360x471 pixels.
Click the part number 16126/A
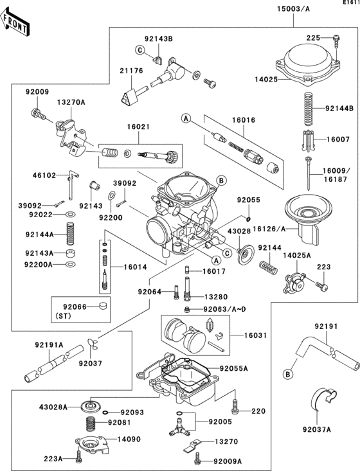(x=269, y=227)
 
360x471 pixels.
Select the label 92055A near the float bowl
(x=234, y=369)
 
